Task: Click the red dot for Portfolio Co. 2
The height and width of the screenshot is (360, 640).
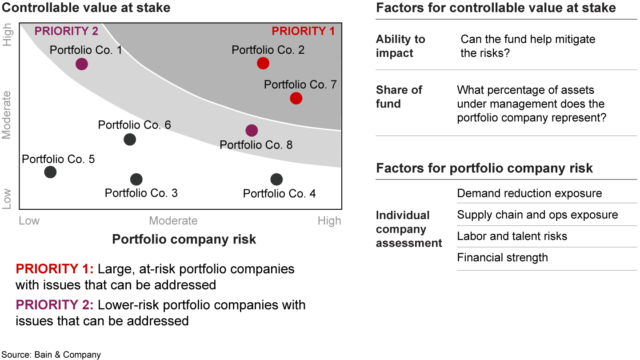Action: pyautogui.click(x=263, y=63)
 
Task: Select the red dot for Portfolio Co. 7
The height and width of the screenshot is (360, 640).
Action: pyautogui.click(x=296, y=98)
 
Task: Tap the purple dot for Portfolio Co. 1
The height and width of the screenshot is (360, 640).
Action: pyautogui.click(x=82, y=64)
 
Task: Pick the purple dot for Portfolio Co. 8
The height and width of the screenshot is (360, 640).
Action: pyautogui.click(x=252, y=131)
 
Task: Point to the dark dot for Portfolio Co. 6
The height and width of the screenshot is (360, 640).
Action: pyautogui.click(x=130, y=140)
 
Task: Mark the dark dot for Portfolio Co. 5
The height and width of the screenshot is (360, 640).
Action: pyautogui.click(x=50, y=172)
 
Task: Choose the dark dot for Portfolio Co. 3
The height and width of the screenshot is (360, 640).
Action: pyautogui.click(x=136, y=180)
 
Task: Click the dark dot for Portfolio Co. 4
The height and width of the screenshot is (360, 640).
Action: pyautogui.click(x=276, y=180)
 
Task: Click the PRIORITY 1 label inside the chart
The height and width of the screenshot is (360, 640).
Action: pyautogui.click(x=303, y=31)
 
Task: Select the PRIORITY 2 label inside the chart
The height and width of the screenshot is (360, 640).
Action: pyautogui.click(x=66, y=31)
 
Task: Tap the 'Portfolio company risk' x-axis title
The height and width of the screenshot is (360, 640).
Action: pyautogui.click(x=184, y=240)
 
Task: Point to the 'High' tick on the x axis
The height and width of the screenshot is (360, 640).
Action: pyautogui.click(x=329, y=221)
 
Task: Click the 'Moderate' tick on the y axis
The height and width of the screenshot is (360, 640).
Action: pyautogui.click(x=6, y=115)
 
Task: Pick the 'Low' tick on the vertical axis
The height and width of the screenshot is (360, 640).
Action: pyautogui.click(x=6, y=199)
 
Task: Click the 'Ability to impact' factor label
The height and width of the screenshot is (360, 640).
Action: pyautogui.click(x=400, y=46)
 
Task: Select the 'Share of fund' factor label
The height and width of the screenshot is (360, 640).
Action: pyautogui.click(x=399, y=97)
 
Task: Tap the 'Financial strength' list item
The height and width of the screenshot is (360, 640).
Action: pyautogui.click(x=503, y=257)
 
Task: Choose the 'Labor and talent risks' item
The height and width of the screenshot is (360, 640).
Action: pyautogui.click(x=512, y=236)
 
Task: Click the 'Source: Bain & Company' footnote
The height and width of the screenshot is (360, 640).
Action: pyautogui.click(x=51, y=355)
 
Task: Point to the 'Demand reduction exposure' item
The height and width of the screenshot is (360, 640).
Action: pyautogui.click(x=529, y=193)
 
